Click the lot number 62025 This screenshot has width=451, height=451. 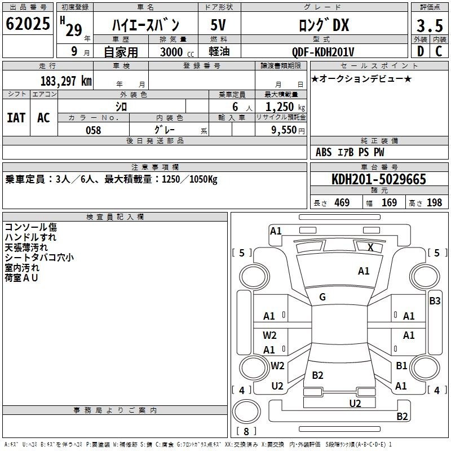click(28, 24)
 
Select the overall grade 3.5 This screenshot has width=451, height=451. click(430, 25)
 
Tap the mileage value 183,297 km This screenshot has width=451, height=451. click(66, 81)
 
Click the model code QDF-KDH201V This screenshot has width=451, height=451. click(322, 52)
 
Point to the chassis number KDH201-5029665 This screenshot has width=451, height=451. click(378, 179)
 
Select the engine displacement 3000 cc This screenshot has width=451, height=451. click(177, 52)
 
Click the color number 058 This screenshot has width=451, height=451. click(93, 130)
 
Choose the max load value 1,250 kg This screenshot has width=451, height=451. click(285, 107)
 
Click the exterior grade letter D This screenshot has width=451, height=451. click(421, 51)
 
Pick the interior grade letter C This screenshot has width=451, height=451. click(439, 51)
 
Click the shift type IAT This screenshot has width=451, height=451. click(16, 118)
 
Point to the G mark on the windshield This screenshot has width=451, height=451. click(322, 297)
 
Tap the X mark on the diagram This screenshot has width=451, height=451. click(370, 247)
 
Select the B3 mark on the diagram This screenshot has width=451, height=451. click(435, 301)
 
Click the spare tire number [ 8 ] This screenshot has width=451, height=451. click(246, 431)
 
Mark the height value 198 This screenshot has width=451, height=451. click(434, 202)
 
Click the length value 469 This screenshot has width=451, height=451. click(342, 202)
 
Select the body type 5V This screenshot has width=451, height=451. click(218, 25)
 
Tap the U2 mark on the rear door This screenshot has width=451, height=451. click(355, 403)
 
